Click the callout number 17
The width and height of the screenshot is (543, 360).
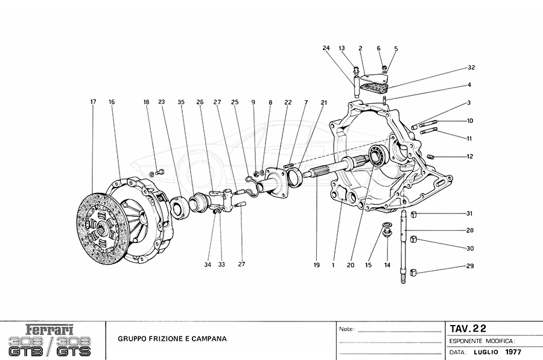click(93, 103)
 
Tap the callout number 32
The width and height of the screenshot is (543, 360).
click(471, 67)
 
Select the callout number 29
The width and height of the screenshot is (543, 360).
click(469, 266)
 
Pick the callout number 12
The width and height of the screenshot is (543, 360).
click(469, 156)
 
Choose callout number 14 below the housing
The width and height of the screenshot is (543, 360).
click(387, 265)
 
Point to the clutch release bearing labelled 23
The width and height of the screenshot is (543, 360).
click(179, 207)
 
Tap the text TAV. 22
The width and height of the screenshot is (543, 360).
click(468, 328)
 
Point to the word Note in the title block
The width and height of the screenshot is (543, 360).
click(347, 330)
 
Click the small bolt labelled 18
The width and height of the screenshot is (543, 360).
click(160, 173)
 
